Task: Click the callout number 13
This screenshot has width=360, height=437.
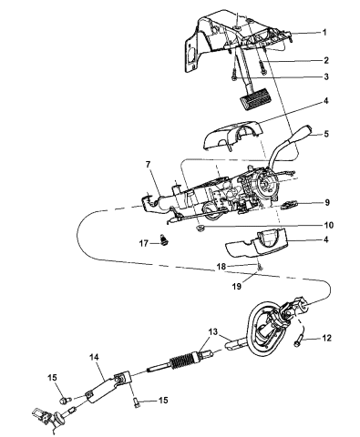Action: (x=212, y=332)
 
